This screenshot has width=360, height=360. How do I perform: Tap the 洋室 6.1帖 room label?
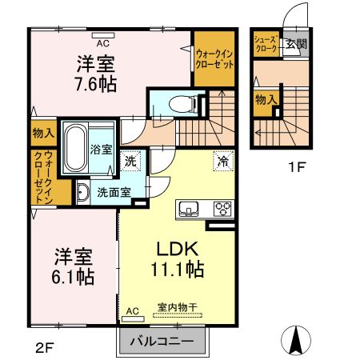pyautogui.click(x=74, y=266)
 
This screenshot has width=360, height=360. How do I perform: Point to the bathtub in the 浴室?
pyautogui.click(x=75, y=147)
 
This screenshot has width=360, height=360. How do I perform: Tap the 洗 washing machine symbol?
pyautogui.click(x=131, y=160)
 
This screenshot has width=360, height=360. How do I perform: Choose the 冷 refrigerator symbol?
pyautogui.click(x=222, y=160)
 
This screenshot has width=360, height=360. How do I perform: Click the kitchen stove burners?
pyautogui.click(x=222, y=210)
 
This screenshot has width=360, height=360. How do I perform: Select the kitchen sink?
pyautogui.click(x=190, y=210)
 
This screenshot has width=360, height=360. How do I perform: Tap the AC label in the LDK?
pyautogui.click(x=132, y=310)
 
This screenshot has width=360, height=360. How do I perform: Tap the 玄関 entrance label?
pyautogui.click(x=296, y=45)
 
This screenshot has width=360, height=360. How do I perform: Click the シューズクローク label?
pyautogui.click(x=265, y=44)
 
